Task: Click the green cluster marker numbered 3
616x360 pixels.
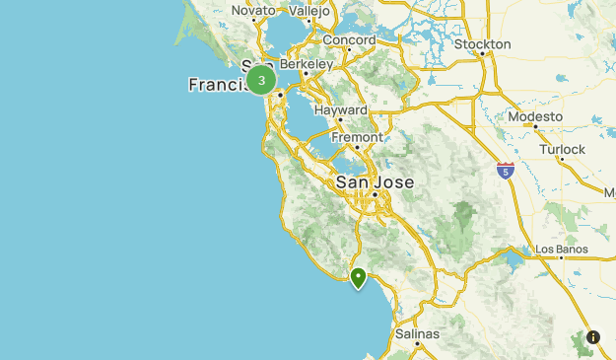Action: coord(261,80)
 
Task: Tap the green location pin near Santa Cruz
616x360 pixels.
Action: coord(359,277)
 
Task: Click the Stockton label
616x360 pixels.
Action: coord(482,44)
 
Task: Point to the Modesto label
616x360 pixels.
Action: coord(535,116)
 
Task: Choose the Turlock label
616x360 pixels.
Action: coord(562,150)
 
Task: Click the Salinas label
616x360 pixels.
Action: coord(416,334)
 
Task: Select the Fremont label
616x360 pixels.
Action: coord(356,137)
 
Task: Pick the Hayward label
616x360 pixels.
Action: coord(340,110)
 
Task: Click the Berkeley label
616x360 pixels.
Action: coord(306,63)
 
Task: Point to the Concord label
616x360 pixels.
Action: coord(348,40)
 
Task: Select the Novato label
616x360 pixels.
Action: coord(253,11)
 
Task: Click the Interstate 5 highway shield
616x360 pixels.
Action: coord(506,171)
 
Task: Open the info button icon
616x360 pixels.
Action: coord(593,336)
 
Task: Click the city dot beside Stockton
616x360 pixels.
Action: coord(482,54)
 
